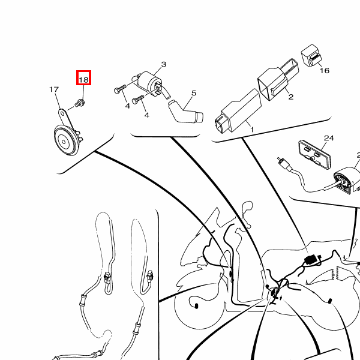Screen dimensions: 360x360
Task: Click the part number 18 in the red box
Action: pos(83,80)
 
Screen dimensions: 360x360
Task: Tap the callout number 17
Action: pos(54,89)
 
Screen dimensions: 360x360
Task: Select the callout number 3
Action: pos(163,64)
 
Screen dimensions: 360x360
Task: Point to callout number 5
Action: pos(194,93)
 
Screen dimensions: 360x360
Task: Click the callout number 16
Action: pos(325,70)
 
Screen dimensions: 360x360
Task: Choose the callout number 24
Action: pos(329,138)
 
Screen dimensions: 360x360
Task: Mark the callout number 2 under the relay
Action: pos(290,97)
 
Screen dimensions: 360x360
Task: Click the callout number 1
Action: pos(252,130)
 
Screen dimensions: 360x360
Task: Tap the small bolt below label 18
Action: pos(80,103)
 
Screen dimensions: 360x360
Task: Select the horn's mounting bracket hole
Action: pos(62,113)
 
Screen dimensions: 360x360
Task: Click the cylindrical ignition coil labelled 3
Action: pos(151,82)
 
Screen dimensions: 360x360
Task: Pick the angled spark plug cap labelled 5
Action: pos(185,112)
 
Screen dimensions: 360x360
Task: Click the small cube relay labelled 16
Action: pos(311,56)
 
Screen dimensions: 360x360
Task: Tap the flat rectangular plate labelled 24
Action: pos(315,152)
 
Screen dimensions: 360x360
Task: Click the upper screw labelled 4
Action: pos(121,89)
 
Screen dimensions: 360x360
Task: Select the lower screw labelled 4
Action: pos(138,100)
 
